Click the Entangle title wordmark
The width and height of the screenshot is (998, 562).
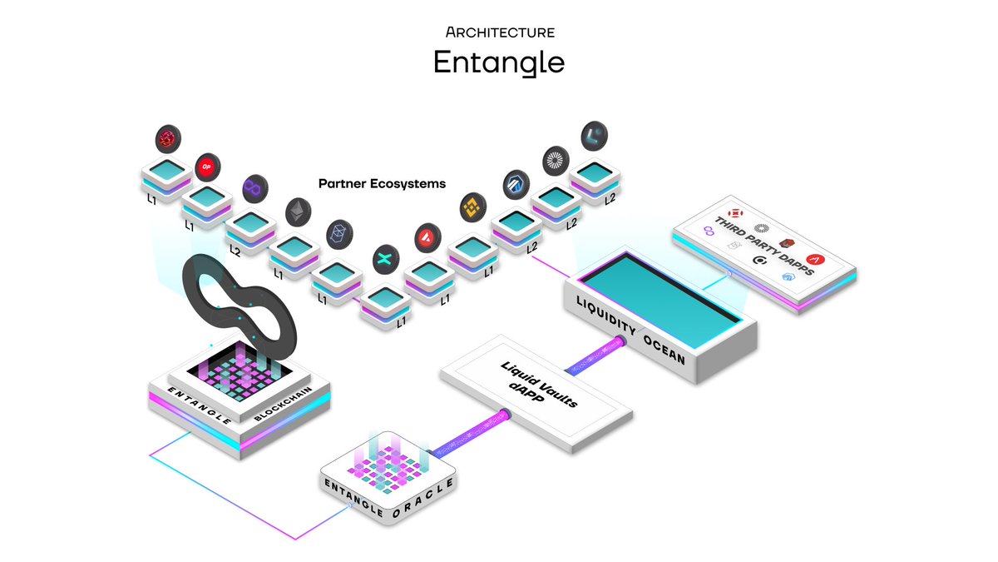pyautogui.click(x=499, y=63)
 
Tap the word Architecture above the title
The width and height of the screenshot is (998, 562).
pyautogui.click(x=499, y=32)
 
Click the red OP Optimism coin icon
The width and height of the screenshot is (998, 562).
pyautogui.click(x=208, y=167)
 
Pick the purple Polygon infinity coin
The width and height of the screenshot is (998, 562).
pyautogui.click(x=255, y=189)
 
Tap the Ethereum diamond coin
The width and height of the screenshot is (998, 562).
pyautogui.click(x=297, y=212)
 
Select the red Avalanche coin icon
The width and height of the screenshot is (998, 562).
pyautogui.click(x=427, y=237)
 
